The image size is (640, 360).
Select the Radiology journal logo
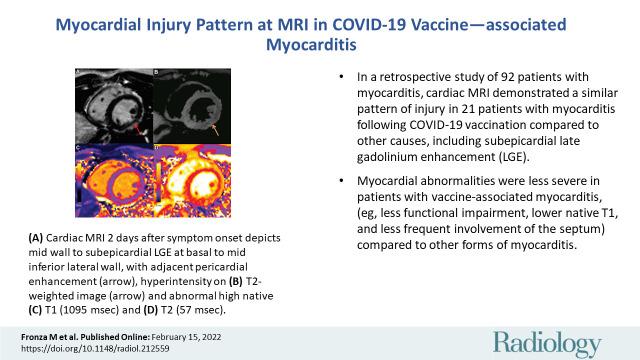(552, 329)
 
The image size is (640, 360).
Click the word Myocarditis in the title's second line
(320, 44)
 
